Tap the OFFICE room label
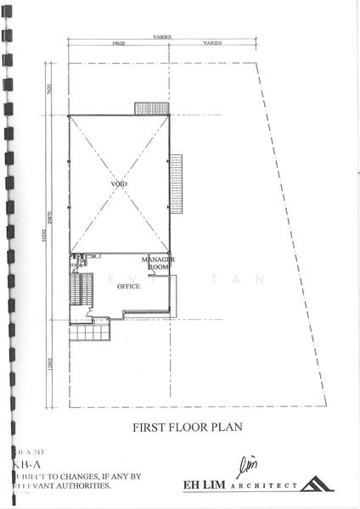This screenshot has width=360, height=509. point(129,286)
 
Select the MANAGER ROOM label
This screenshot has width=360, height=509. point(158,262)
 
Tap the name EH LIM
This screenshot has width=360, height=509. point(204,485)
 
